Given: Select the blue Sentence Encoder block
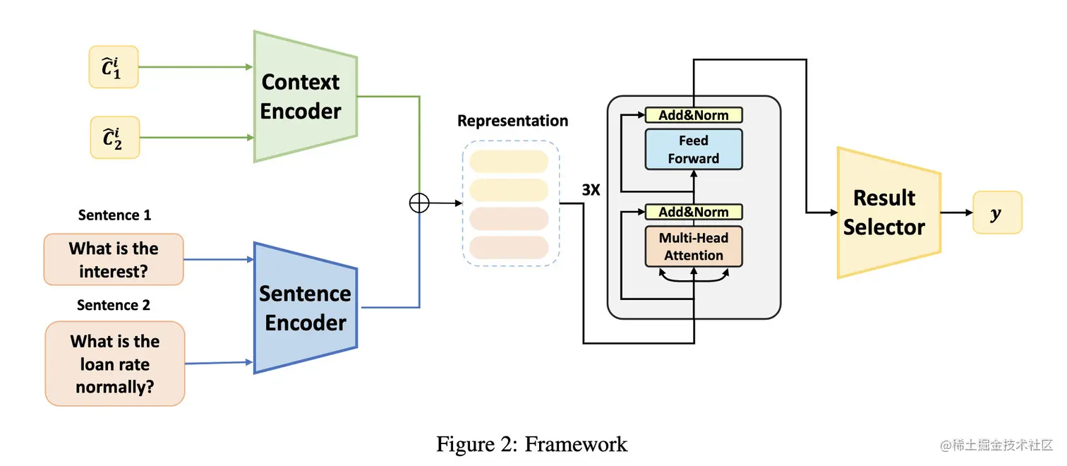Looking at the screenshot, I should pos(305,308).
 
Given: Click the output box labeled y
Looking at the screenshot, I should pos(996,213).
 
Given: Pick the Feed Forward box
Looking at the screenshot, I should pos(694,149).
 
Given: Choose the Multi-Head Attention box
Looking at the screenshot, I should pos(694,247).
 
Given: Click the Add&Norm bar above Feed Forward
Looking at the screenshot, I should pos(694,115).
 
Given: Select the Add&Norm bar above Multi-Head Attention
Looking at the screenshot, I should pos(694,212).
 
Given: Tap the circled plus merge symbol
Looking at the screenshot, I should pos(419,203).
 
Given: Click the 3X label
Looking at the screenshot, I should pos(591,190).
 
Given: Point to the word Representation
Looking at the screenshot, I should pos(512,121).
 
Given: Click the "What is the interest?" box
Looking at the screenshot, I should pos(114,259).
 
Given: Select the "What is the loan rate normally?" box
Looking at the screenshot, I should pos(115,364).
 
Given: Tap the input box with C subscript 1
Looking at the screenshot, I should pos(114,67).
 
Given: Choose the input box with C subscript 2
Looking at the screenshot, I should pos(115,138).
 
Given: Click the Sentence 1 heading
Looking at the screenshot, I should pos(114,215).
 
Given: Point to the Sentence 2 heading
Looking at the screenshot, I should pos(114,305).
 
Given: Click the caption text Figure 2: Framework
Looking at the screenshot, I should pos(531,444).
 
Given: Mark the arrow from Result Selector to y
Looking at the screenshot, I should pos(956,213).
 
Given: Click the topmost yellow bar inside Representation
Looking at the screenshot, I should pos(508,161).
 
